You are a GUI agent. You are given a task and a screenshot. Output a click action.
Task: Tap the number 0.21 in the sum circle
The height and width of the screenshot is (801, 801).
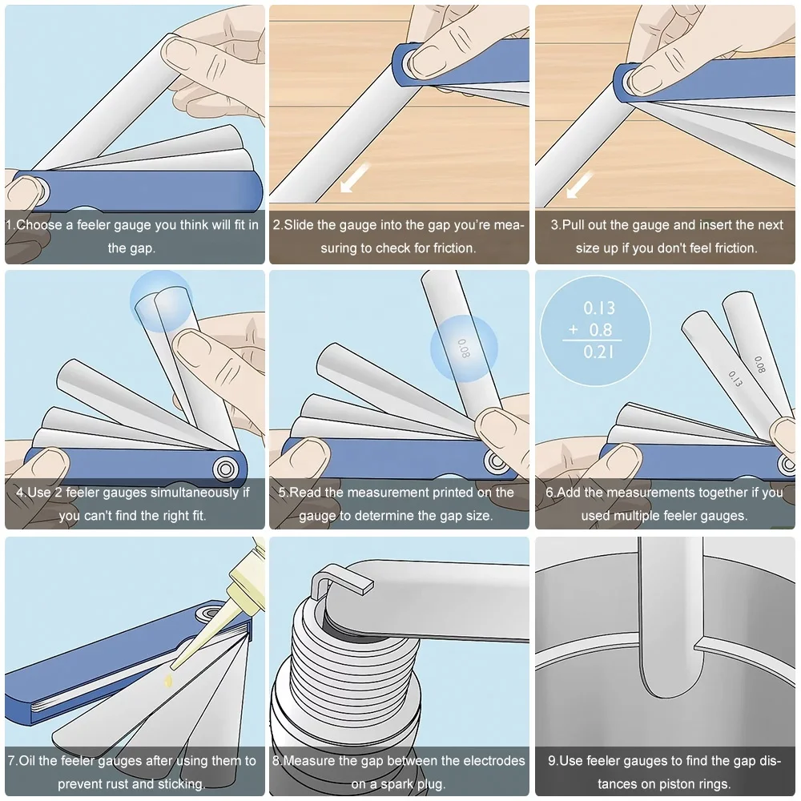tap(598, 352)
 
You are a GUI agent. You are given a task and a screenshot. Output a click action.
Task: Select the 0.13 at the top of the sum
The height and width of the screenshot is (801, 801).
tap(599, 308)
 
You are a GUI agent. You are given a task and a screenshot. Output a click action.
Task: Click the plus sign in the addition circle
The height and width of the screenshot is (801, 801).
tap(574, 329)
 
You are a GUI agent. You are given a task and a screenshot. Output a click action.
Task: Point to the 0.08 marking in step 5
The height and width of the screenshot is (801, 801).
tap(463, 348)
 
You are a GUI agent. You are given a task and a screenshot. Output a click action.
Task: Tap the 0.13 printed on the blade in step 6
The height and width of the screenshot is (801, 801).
tap(735, 379)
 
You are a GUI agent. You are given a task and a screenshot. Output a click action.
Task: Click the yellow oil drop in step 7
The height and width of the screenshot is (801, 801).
tap(168, 680)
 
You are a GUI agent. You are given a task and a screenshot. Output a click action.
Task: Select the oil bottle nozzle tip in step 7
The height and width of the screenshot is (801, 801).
tap(173, 666)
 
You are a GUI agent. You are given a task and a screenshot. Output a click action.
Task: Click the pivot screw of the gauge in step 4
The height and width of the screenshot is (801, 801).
tap(225, 469)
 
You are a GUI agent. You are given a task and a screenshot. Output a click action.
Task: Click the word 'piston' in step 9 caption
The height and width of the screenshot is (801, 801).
tap(669, 784)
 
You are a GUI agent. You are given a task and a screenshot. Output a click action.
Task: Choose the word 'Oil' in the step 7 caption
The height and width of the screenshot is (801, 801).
tap(26, 761)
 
